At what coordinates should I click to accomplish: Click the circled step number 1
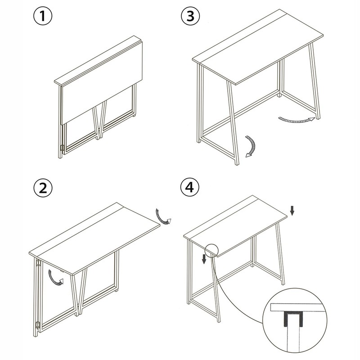43,16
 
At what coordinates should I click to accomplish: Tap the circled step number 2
43,188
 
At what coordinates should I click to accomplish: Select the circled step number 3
190,16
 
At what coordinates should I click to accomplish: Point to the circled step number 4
189,187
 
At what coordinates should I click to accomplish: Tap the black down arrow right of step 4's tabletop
292,211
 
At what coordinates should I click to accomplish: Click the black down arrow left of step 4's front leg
204,259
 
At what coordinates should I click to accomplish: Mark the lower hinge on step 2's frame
38,325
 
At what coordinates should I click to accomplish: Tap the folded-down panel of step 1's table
102,83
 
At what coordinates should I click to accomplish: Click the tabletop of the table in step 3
258,47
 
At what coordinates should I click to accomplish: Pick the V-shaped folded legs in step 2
78,291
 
